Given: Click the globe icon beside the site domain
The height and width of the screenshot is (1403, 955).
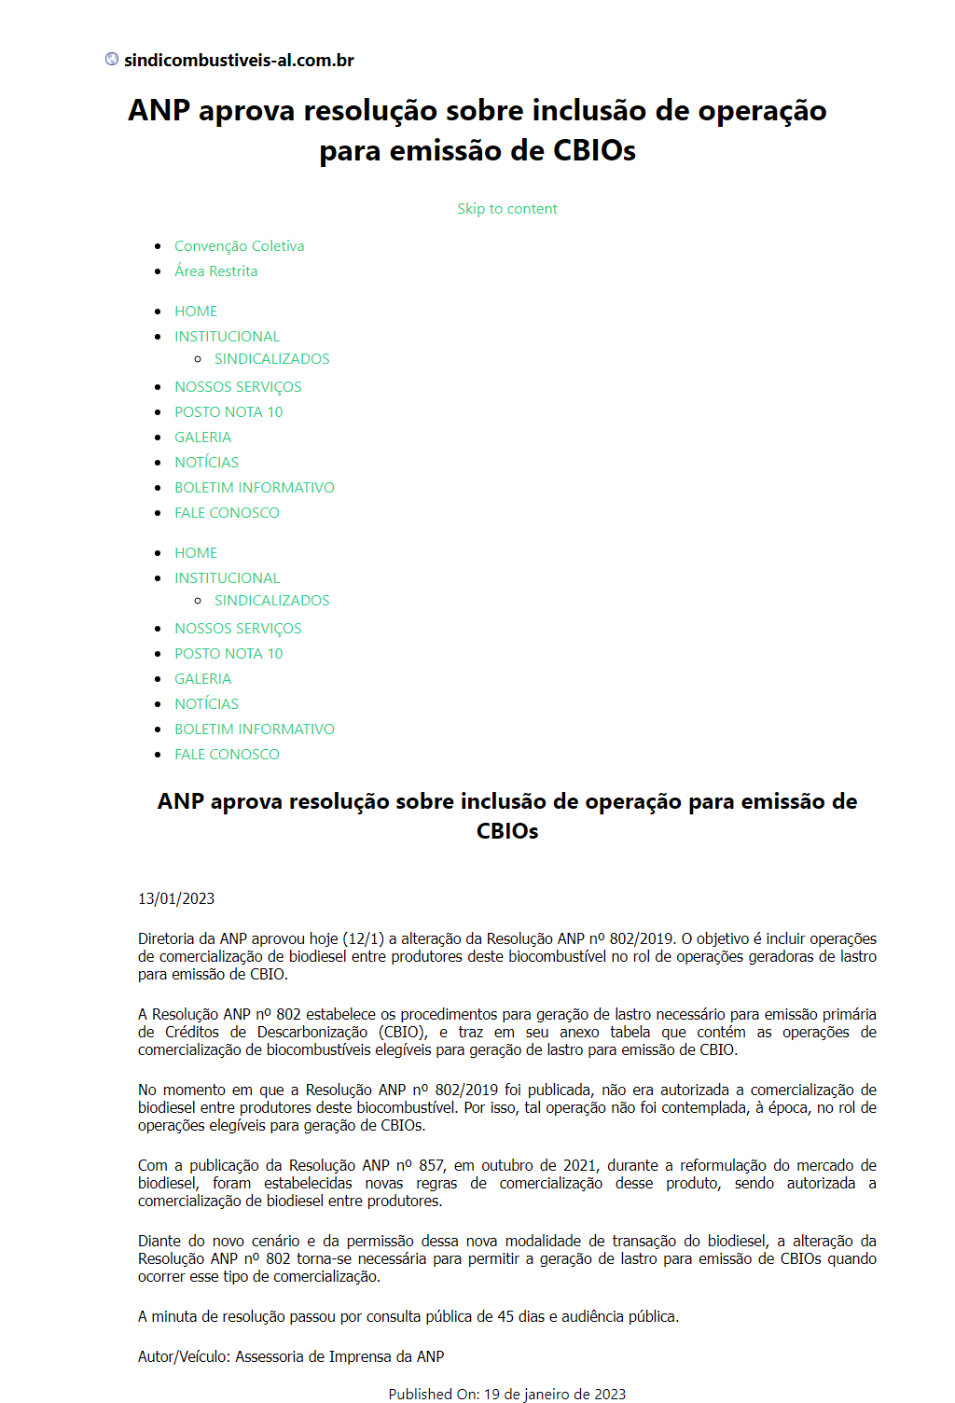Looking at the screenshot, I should click(112, 60).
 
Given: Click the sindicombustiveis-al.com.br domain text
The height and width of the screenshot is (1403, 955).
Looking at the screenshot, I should click(239, 61).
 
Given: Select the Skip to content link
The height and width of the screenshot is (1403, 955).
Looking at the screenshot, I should click(506, 209).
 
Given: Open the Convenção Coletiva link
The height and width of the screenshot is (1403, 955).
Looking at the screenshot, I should click(239, 246).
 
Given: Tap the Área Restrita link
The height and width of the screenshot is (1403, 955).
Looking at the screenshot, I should click(215, 271).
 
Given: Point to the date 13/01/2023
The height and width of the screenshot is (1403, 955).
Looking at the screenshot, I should click(176, 898).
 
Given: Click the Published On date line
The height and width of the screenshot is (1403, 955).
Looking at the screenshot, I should click(506, 1394).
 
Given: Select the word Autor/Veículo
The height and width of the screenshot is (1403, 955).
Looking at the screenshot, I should click(184, 1356).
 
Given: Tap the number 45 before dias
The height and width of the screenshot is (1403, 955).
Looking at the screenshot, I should click(505, 1316).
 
